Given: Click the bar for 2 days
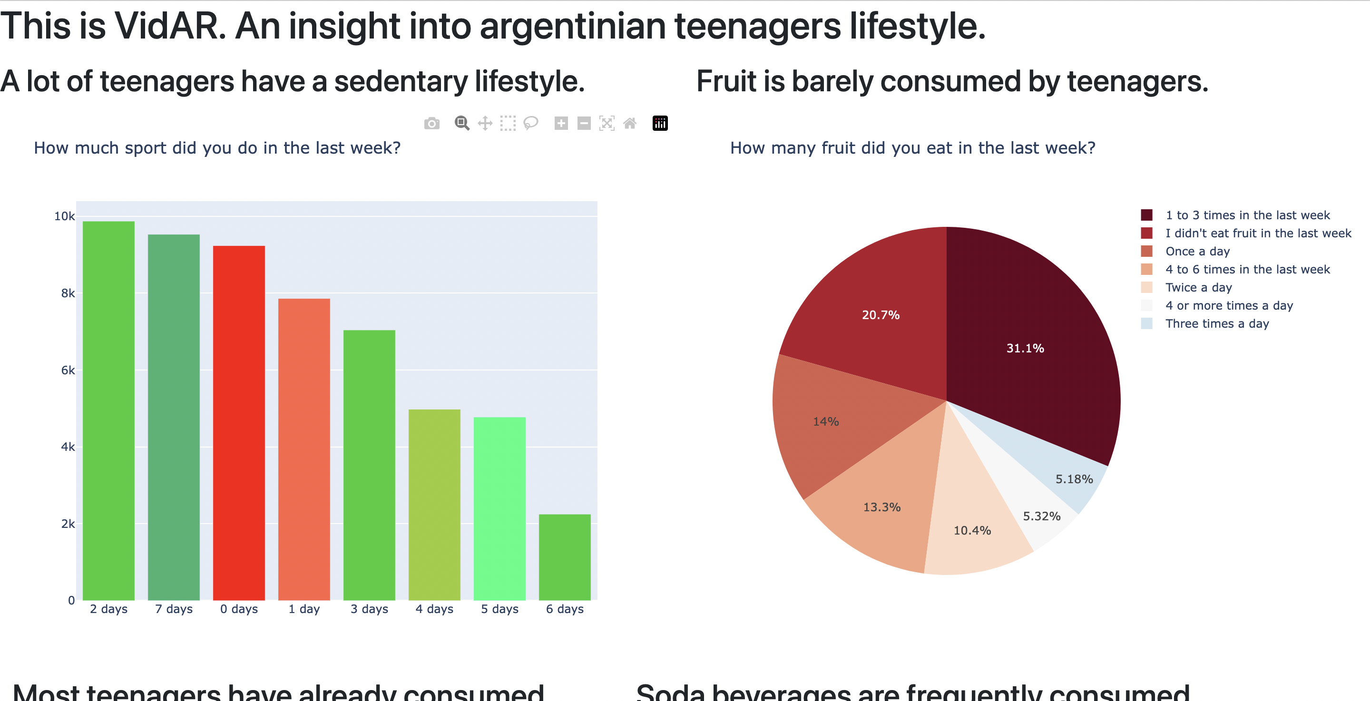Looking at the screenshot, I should [108, 410].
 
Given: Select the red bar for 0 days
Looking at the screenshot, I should [239, 422].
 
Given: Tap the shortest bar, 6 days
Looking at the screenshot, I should [564, 557].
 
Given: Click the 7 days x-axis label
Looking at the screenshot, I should [174, 609].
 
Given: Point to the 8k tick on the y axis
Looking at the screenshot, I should [68, 293].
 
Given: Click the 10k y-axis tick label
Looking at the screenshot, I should [64, 216].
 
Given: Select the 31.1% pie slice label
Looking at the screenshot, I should [1025, 349].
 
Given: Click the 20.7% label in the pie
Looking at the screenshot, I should [881, 315].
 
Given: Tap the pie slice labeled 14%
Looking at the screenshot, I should [826, 422].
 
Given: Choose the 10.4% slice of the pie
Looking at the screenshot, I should [972, 530].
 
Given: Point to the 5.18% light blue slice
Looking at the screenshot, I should [1074, 479].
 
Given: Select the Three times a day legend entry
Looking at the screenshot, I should [1217, 323].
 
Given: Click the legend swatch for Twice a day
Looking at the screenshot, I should [1146, 287].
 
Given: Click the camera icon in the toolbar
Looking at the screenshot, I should [432, 123].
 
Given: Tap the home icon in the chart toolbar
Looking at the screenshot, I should [630, 123].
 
